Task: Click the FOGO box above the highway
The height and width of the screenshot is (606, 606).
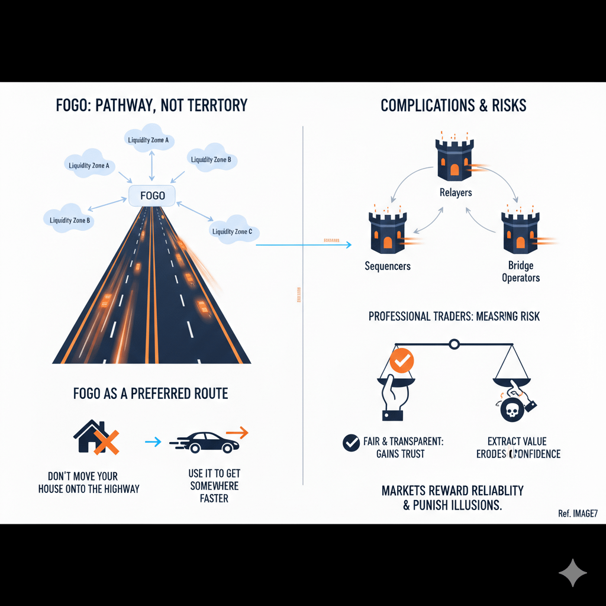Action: tap(153, 195)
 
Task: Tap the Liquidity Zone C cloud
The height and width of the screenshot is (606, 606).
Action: tap(231, 230)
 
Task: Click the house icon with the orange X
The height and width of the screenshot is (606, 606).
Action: tap(95, 437)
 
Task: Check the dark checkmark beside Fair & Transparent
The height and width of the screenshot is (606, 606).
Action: tap(351, 442)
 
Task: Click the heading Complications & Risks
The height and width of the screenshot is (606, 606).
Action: tap(453, 106)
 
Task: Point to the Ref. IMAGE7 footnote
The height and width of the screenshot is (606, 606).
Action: tap(577, 513)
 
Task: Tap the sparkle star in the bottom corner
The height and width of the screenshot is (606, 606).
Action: tap(572, 572)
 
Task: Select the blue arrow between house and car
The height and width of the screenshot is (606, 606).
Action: tap(153, 441)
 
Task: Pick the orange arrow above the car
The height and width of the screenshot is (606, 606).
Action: tap(237, 433)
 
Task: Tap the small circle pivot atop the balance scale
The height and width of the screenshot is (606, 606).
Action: tap(454, 343)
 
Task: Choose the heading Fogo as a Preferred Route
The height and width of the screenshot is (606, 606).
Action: tap(150, 394)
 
